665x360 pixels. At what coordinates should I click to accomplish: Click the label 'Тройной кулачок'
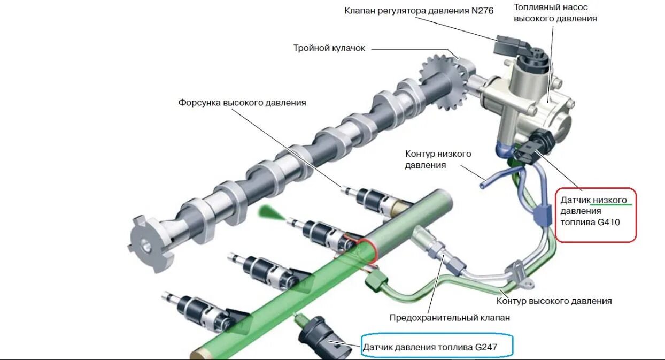coord(329,48)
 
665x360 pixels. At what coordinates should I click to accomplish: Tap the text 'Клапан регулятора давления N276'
coord(419,10)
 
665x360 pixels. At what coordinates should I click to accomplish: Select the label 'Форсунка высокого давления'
coord(242,103)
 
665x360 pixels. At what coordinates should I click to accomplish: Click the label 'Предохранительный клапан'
coord(450,318)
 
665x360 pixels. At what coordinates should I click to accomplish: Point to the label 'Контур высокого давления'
coord(554,301)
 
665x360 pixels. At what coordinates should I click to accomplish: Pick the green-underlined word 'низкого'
coord(609,200)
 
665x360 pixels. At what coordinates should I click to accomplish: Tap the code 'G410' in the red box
coord(609,222)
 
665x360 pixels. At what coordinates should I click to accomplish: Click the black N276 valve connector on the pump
coord(505,45)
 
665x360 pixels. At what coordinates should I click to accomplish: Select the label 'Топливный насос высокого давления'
coord(555,13)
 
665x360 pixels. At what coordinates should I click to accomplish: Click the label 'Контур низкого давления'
coord(438,159)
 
